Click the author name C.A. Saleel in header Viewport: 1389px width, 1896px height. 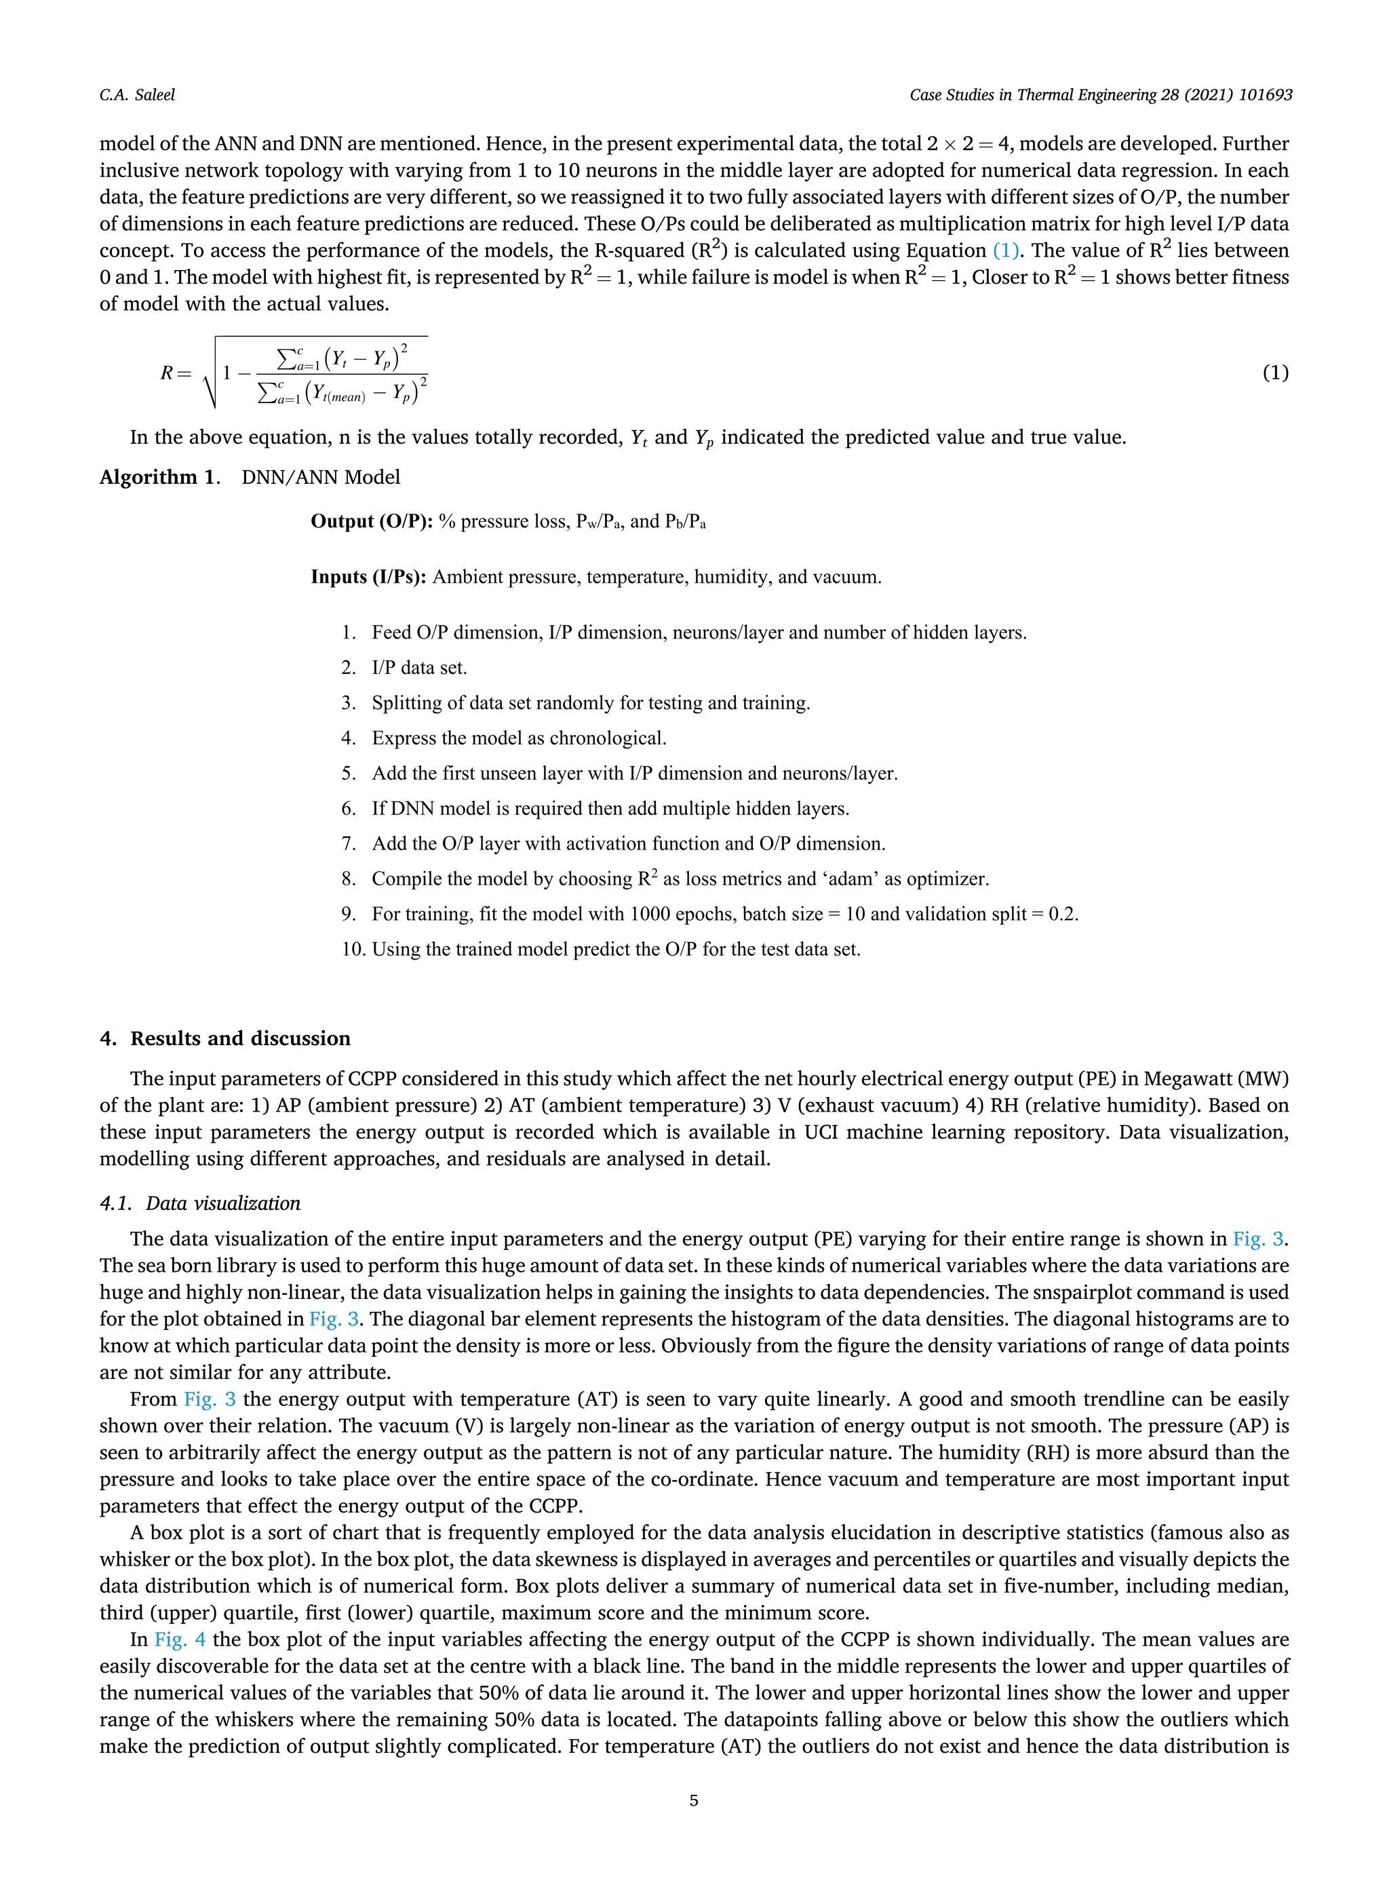tap(137, 95)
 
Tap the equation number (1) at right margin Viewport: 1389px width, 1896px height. tap(1274, 373)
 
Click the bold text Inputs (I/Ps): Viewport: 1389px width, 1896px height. tap(369, 577)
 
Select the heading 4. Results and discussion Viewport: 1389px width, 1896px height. tap(224, 1039)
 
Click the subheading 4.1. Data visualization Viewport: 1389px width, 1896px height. tap(200, 1204)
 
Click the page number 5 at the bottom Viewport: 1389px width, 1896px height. tap(694, 1801)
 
